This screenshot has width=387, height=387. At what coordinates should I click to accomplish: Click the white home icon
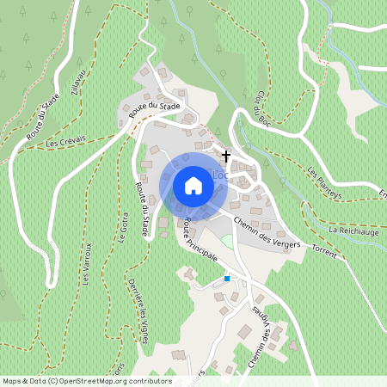[193, 186]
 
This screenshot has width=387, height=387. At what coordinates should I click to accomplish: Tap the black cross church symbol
[227, 157]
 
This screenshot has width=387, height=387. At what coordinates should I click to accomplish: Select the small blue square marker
[227, 278]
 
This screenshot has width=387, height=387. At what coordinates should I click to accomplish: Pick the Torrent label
[324, 254]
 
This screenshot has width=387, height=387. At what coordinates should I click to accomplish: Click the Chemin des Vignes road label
[264, 330]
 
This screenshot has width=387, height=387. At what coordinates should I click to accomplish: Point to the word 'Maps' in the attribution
[13, 380]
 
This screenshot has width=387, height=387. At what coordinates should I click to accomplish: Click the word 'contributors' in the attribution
[150, 380]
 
